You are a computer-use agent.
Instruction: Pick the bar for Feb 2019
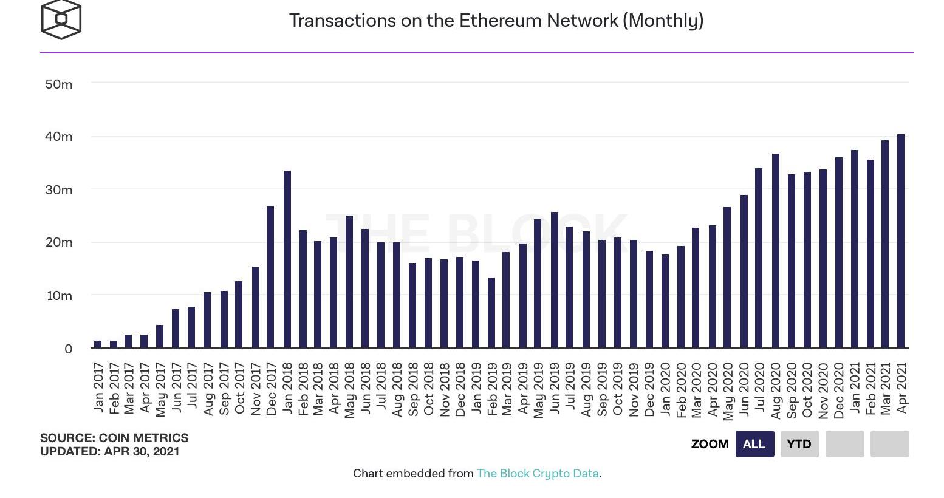[491, 313]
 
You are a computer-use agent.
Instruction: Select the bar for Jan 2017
[98, 344]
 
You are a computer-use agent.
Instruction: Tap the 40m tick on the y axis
[59, 137]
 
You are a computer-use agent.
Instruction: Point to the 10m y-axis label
[59, 296]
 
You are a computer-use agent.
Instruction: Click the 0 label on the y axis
[68, 349]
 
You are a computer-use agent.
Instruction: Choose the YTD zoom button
[799, 444]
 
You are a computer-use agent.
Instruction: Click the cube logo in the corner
[61, 19]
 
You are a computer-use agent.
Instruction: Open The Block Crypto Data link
[538, 474]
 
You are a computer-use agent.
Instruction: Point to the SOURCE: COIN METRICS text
[114, 438]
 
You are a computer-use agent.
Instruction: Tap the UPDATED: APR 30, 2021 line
[110, 451]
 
